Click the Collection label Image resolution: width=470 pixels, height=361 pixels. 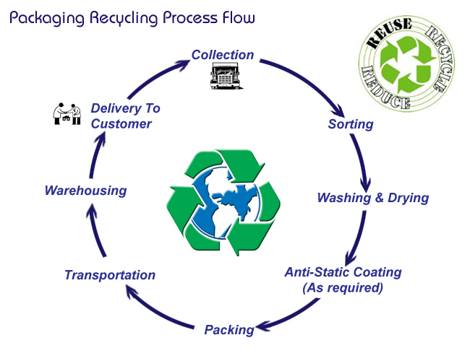pos(223,55)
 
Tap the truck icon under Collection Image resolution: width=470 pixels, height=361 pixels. pos(224,74)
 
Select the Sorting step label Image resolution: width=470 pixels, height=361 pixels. pos(351,124)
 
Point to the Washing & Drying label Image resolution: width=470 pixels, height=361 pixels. pos(373,198)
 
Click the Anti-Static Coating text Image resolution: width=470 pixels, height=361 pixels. pos(343,272)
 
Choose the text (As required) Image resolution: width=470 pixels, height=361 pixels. pos(343,287)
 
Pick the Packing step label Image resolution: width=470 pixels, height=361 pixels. pos(229,330)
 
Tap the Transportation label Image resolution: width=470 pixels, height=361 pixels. pos(110,275)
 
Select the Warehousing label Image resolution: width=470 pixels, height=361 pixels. pos(85,191)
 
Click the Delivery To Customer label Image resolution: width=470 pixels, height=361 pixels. pos(124,116)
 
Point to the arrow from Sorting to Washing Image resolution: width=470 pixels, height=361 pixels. pos(366,162)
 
